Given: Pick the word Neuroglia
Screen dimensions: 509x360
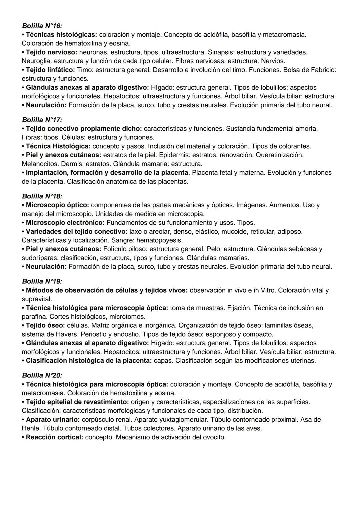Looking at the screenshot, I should pos(36,61).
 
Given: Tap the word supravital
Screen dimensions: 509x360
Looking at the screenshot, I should pos(37,299).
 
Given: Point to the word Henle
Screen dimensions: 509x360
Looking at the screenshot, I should pos(31,428).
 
